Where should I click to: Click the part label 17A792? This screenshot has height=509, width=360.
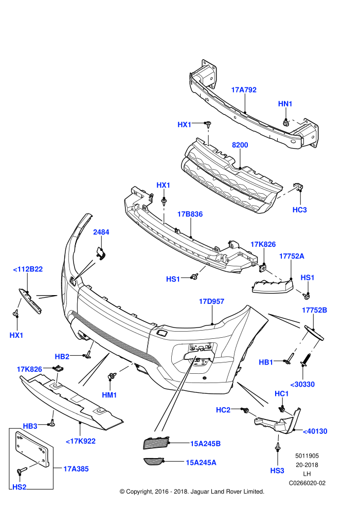point(244,90)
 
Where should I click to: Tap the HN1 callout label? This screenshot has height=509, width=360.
point(285,104)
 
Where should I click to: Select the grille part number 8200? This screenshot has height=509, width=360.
point(240,145)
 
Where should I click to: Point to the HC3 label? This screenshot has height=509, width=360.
point(299,210)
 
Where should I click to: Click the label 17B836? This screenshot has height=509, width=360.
point(190,214)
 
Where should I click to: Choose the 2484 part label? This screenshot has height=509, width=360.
point(101,232)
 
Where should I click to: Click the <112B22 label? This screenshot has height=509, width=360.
point(28,269)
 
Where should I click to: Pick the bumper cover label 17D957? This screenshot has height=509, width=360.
point(211,302)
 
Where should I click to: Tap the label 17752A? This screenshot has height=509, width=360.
point(292,256)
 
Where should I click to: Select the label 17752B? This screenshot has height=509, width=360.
point(314,310)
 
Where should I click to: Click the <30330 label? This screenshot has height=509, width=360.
point(302,385)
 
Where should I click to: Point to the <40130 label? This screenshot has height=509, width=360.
point(315,431)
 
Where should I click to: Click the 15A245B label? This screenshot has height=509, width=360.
point(205,444)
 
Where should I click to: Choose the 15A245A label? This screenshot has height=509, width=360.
point(201,463)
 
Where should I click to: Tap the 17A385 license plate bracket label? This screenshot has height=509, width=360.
point(76,469)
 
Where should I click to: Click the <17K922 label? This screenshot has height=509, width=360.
point(81,441)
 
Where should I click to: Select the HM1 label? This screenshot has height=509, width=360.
point(109,395)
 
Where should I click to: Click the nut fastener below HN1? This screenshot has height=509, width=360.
point(285,123)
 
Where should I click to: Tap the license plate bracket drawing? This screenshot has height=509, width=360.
point(32,449)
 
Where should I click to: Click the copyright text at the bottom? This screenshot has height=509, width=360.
point(192,492)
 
